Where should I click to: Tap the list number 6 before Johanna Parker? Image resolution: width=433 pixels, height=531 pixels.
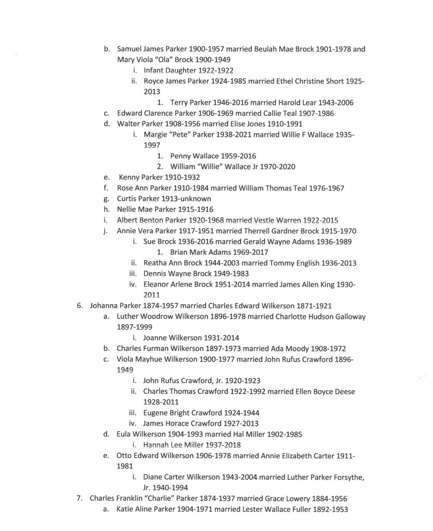pos(80,306)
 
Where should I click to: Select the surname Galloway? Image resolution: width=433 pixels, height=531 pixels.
pos(347,317)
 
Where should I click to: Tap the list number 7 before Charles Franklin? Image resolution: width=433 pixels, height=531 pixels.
pos(80,498)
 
